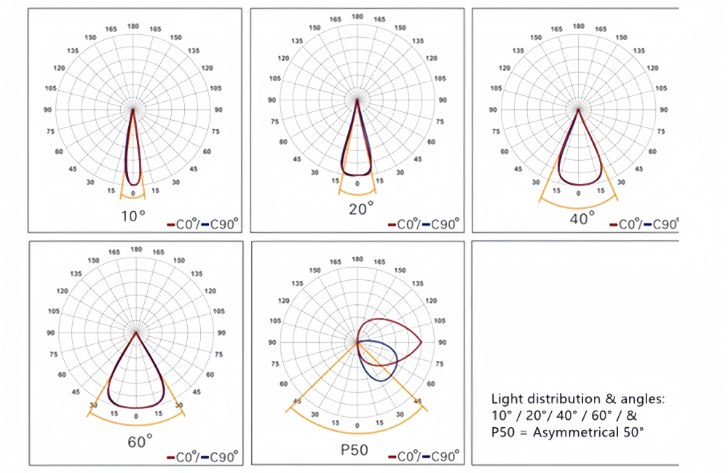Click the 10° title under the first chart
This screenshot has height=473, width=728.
coord(133,215)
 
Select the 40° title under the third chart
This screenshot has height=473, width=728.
coord(582,216)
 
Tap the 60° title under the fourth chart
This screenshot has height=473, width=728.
coord(139,441)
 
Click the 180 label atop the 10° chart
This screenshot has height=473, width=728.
coord(134,25)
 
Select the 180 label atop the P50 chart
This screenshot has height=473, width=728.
coord(357,258)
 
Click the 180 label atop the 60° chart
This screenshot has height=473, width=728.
coord(136,250)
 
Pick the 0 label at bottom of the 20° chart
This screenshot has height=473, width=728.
coord(357,184)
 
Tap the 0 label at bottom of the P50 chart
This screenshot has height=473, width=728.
coord(357,424)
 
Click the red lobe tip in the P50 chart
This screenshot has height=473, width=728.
coord(422,341)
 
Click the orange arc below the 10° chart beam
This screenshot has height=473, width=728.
coord(133,197)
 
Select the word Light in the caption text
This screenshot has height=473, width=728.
coord(507,399)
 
